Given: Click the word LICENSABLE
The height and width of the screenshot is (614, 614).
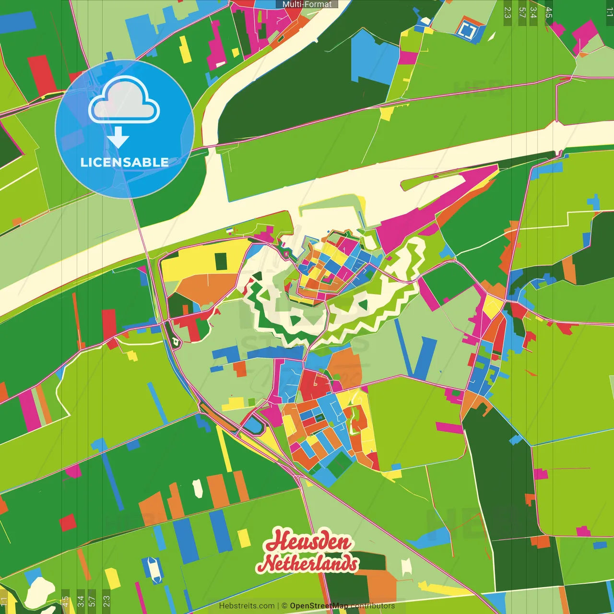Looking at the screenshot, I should [x=124, y=162].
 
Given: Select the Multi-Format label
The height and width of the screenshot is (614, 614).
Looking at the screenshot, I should [x=307, y=4].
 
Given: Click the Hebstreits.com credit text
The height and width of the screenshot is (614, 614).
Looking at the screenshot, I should [x=247, y=606].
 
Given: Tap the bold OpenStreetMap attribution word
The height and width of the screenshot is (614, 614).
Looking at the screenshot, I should [x=319, y=606].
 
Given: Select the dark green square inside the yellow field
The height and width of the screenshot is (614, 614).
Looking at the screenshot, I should [x=221, y=261].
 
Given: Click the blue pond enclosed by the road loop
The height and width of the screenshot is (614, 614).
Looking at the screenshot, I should [x=253, y=425].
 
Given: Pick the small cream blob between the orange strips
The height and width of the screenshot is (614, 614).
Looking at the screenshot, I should [x=197, y=488].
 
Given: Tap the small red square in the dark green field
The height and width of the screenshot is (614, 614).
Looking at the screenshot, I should [x=68, y=522].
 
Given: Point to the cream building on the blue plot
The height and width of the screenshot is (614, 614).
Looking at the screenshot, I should [x=153, y=568].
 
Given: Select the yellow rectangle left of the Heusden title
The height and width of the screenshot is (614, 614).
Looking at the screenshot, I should [x=244, y=538].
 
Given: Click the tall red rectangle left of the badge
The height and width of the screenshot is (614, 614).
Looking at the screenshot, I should [x=42, y=74].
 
